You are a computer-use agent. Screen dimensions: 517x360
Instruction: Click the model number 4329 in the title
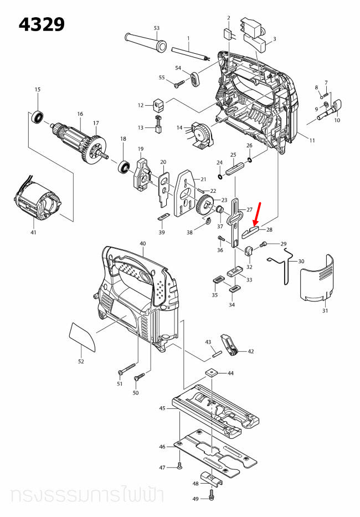point(42,24)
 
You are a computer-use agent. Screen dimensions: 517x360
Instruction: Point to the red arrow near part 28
point(258,214)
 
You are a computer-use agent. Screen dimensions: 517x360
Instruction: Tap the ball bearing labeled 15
point(38,117)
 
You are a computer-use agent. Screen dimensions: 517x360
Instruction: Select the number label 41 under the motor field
point(33,233)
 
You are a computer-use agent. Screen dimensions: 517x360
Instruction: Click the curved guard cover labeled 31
point(317,280)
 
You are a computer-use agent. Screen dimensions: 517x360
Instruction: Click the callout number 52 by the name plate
point(81,361)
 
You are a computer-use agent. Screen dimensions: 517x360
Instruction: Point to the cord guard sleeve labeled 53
point(145,44)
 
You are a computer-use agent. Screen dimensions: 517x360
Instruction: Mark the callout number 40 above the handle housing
point(143,244)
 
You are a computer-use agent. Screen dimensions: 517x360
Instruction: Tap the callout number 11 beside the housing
point(312,141)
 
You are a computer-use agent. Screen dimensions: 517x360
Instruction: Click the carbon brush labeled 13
point(157,127)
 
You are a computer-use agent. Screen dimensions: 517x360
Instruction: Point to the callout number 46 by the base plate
point(162,446)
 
